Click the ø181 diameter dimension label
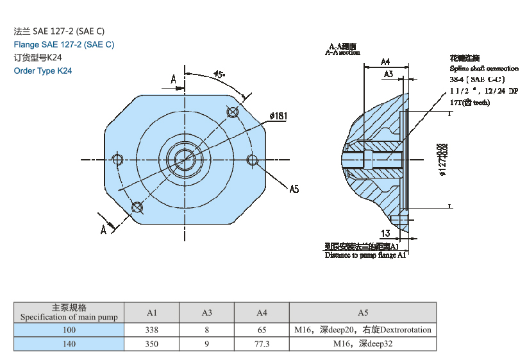point(278,116)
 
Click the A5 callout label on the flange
point(294,189)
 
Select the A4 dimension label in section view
point(385,62)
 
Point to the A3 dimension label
point(389,74)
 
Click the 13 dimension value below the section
point(385,234)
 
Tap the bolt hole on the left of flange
point(117,159)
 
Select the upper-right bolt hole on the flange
point(233,112)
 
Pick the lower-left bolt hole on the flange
point(137,207)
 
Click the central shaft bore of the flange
point(185,159)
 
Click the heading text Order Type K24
point(43,71)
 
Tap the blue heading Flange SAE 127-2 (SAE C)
point(64,44)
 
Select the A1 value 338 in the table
point(152,330)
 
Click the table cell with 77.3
point(262,344)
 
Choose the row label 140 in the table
point(69,344)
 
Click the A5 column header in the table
point(363,313)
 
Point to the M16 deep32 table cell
point(363,344)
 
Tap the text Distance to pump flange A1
point(365,255)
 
